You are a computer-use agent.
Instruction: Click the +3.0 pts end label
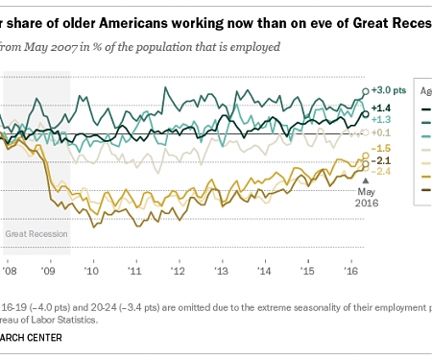387,90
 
